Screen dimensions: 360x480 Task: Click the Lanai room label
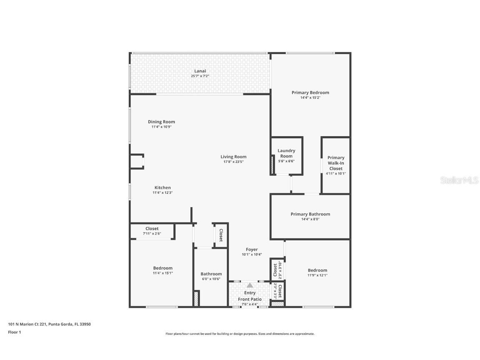click(200, 71)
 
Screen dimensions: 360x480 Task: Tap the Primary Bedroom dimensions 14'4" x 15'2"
click(310, 97)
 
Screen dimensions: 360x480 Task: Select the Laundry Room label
click(286, 153)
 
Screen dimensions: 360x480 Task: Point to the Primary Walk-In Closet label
click(336, 163)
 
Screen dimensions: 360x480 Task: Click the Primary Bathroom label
click(310, 214)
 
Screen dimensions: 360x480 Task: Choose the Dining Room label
click(161, 122)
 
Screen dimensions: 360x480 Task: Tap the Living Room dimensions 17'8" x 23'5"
click(233, 162)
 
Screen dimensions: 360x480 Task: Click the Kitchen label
click(162, 187)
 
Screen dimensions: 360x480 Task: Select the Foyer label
click(252, 250)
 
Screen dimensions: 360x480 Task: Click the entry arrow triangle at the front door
click(250, 285)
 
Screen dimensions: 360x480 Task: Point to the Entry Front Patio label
click(250, 296)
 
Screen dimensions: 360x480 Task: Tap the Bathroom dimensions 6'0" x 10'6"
click(211, 279)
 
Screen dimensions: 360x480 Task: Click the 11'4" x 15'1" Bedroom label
click(162, 268)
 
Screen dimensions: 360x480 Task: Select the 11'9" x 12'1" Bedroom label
click(317, 270)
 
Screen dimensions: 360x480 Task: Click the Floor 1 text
click(14, 332)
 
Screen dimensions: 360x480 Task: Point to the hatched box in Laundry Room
click(272, 165)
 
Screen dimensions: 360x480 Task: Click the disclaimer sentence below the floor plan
click(240, 334)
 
